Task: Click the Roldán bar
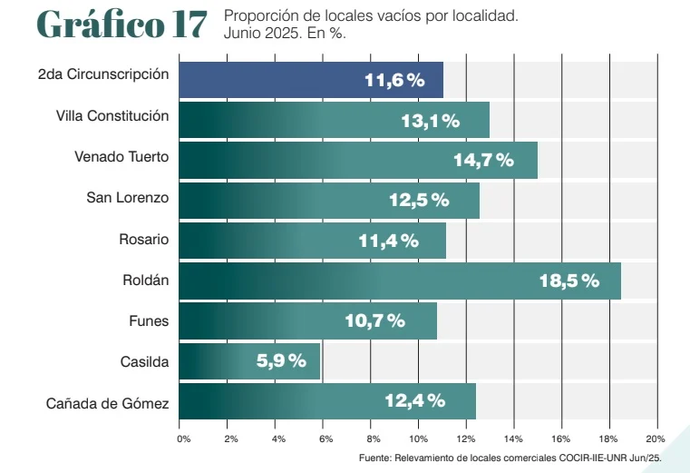400,281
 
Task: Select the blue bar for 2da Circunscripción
311,80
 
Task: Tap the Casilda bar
249,361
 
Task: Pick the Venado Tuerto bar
358,161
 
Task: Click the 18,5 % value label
569,281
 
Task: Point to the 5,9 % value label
281,361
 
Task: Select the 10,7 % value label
374,320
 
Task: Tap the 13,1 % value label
431,121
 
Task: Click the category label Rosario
143,240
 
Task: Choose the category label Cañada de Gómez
108,402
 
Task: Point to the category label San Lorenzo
127,197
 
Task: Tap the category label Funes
150,320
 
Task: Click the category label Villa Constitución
112,115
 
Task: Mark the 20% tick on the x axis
655,439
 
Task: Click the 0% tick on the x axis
183,439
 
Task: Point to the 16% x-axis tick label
561,439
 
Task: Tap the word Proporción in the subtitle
258,16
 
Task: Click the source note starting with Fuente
510,458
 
